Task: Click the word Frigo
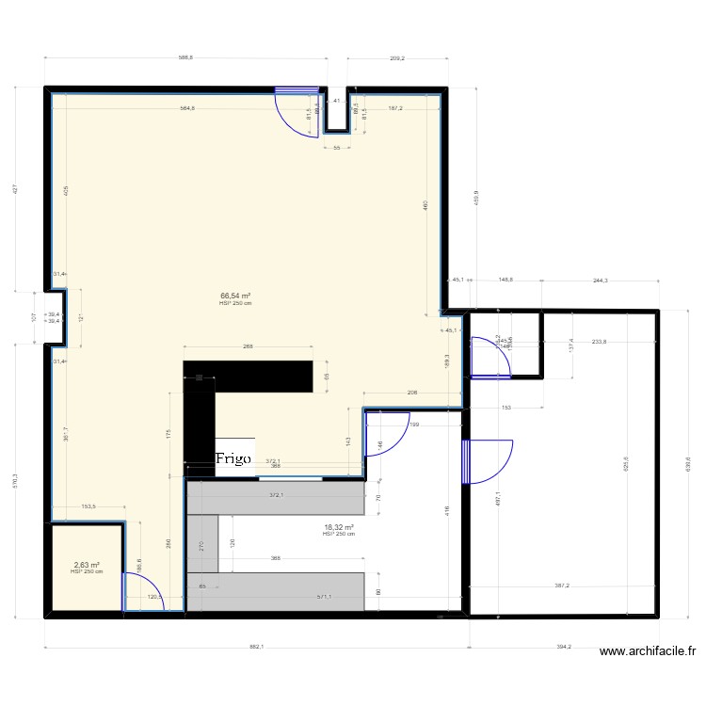click(232, 458)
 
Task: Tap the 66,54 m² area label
click(235, 296)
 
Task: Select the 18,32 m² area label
click(338, 528)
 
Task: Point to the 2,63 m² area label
click(87, 565)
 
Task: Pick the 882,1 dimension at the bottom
click(256, 647)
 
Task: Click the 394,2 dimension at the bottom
click(562, 647)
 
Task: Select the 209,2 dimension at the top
click(396, 58)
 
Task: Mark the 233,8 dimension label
click(594, 342)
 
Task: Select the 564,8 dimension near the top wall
click(188, 108)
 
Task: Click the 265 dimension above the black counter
click(248, 347)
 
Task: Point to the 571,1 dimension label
click(325, 596)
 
